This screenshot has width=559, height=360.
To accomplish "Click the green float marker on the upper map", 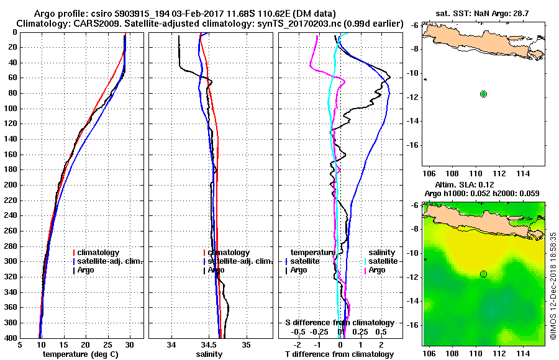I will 483,94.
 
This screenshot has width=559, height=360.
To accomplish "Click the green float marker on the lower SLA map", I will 483,274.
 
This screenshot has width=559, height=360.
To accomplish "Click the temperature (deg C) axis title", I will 82,354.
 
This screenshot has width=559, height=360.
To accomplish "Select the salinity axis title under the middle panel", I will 210,354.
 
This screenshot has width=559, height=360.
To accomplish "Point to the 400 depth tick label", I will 9,338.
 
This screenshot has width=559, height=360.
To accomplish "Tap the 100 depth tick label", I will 9,109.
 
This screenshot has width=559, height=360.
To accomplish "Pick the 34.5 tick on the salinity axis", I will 209,344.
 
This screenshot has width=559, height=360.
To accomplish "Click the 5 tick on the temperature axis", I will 21,344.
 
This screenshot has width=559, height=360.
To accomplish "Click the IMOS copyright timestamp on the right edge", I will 553,286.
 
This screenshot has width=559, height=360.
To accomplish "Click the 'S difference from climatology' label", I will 339,323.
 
